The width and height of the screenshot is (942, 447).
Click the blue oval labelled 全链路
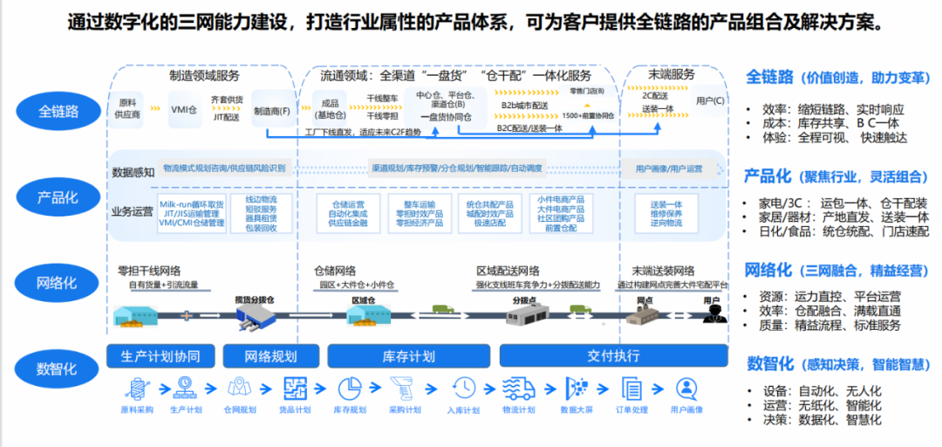point(58,111)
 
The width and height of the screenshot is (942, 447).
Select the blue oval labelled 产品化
point(58,197)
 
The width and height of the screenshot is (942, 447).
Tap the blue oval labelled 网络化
point(58,283)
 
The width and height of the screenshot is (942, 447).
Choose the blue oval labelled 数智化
point(58,368)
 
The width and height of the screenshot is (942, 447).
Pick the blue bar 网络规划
point(271,356)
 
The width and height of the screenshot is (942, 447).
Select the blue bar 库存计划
point(408,356)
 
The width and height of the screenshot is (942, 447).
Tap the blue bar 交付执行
point(613,356)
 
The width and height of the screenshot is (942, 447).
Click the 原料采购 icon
point(137,387)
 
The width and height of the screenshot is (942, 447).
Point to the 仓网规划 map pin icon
point(239,387)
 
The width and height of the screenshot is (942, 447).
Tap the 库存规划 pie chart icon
point(350,387)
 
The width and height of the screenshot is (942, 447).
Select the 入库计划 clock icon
point(463,387)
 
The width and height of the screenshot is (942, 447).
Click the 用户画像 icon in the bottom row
point(686,387)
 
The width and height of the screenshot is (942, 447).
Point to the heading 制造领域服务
point(204,75)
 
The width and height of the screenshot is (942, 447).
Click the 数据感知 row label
point(132,171)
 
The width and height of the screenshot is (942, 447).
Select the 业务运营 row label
point(132,210)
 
